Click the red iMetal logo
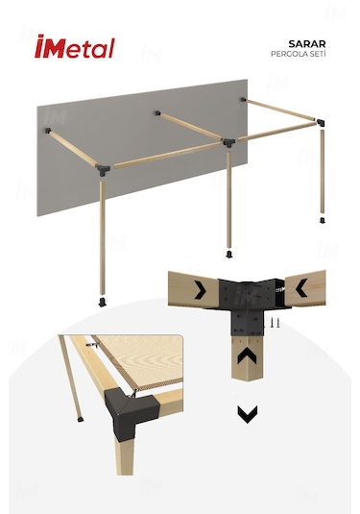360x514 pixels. click(x=75, y=46)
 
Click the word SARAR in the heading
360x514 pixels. click(x=307, y=43)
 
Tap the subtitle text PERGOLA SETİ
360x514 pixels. click(x=299, y=54)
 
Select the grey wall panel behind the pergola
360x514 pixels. click(x=142, y=148)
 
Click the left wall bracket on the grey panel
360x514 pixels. click(x=48, y=131)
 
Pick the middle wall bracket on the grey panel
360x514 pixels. click(x=157, y=113)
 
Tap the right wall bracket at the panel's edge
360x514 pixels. click(x=244, y=99)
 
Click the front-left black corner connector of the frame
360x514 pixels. click(x=103, y=170)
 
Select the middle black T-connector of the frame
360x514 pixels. click(x=229, y=142)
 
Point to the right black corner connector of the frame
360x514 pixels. click(x=321, y=123)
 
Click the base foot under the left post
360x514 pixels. click(x=102, y=302)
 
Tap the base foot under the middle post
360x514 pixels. click(x=229, y=254)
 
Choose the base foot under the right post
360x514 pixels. click(x=323, y=220)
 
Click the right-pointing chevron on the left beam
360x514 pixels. click(x=200, y=290)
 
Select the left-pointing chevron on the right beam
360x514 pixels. click(x=301, y=288)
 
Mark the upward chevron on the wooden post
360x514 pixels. click(x=248, y=356)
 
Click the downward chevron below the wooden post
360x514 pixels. click(x=248, y=414)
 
